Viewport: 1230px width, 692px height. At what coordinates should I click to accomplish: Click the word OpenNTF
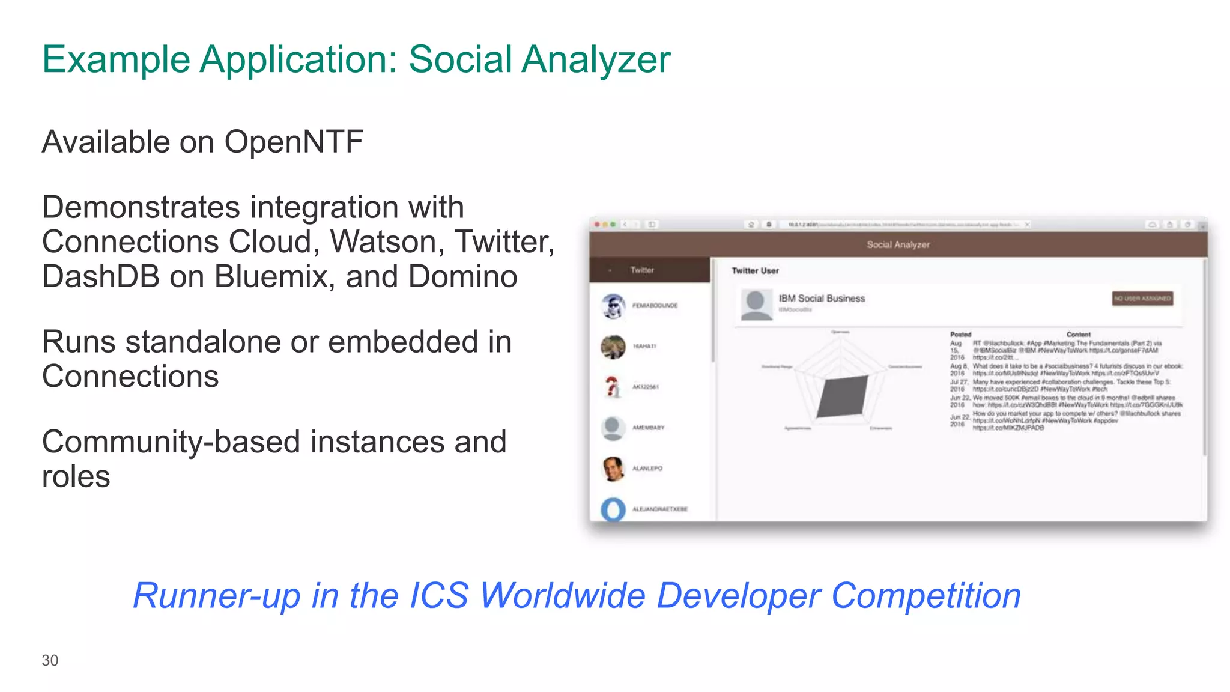click(x=294, y=142)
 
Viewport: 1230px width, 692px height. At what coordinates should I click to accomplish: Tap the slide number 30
click(x=50, y=660)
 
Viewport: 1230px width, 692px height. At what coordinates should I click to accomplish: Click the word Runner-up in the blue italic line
click(x=216, y=596)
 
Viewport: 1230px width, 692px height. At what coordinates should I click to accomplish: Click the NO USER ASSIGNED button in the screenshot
click(x=1142, y=299)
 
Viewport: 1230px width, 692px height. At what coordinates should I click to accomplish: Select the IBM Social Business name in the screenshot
click(x=822, y=299)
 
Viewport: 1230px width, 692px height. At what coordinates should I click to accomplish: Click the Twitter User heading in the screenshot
click(x=755, y=271)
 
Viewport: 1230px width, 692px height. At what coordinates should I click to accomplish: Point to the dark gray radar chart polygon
click(x=843, y=396)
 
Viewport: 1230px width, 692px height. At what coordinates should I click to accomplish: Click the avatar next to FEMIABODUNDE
click(x=613, y=306)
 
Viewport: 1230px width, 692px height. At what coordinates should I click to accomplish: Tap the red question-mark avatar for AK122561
click(x=612, y=387)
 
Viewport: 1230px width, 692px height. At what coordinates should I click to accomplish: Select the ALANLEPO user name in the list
click(x=647, y=469)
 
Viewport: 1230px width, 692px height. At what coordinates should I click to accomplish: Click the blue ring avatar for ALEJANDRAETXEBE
click(x=613, y=509)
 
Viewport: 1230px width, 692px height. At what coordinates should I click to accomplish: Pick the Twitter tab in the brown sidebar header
click(x=642, y=270)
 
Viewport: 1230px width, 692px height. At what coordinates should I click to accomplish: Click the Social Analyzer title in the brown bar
click(x=898, y=245)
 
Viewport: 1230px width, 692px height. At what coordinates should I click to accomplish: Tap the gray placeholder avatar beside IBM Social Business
click(x=756, y=305)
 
